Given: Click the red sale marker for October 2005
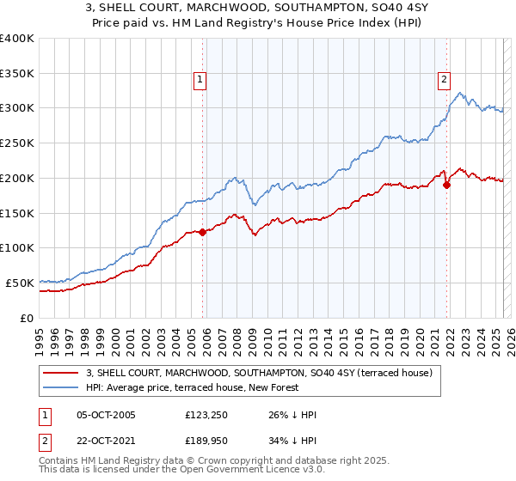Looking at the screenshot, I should point(202,231).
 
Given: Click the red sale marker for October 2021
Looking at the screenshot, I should point(446,184).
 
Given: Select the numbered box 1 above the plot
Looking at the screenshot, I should point(200,80).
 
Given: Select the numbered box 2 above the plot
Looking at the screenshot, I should point(444,80).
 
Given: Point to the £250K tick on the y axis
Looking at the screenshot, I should point(17,143).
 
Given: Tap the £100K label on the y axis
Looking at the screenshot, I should point(17,248).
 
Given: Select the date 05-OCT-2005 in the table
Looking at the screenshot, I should point(106,416).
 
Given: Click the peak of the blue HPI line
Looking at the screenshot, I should point(461,93).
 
